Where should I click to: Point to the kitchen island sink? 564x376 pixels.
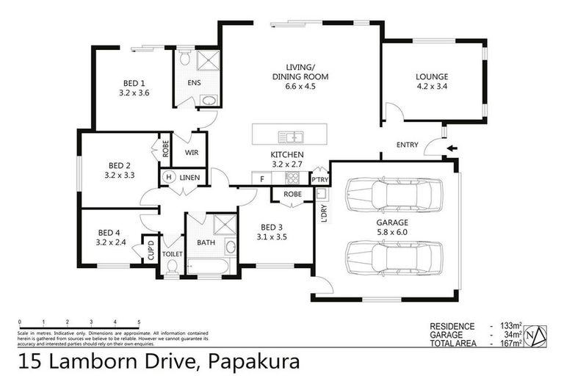(292, 136)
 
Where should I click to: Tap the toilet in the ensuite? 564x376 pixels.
(185, 58)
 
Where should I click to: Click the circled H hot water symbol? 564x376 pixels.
(168, 177)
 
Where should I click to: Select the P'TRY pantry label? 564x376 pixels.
(319, 178)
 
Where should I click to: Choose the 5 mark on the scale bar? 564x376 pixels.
(139, 322)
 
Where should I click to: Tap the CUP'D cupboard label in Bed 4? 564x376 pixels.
(151, 250)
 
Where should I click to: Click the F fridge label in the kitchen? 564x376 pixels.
(261, 178)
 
